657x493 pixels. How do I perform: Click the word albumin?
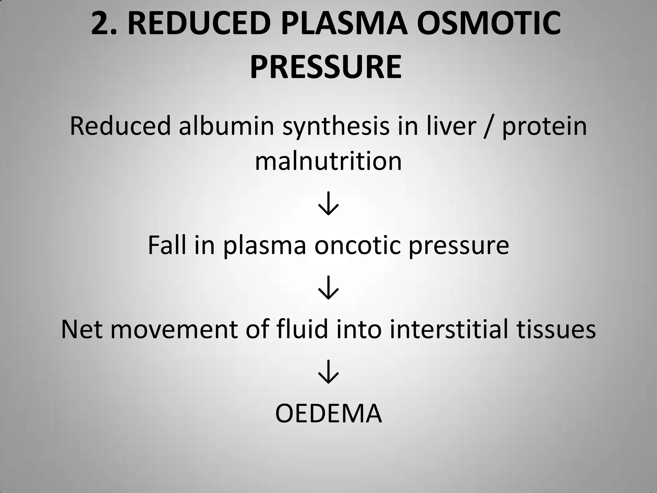(x=226, y=126)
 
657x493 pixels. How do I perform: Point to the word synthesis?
(x=336, y=126)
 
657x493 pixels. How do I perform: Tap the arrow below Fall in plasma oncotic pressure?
(x=328, y=289)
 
